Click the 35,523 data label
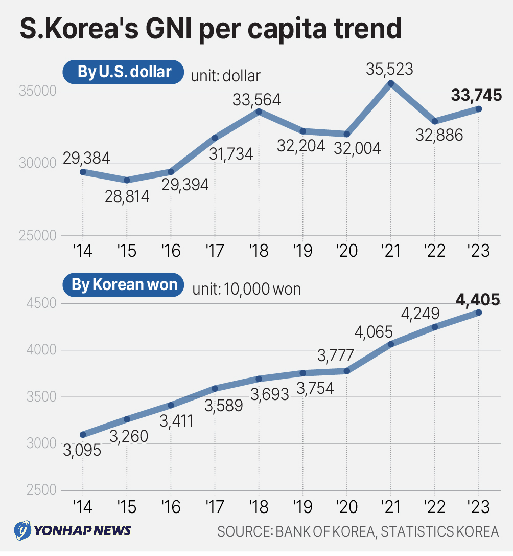click(x=389, y=69)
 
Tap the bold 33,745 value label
click(x=476, y=95)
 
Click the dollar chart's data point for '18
click(x=259, y=112)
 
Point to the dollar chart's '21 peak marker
click(x=391, y=83)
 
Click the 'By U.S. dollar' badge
click(x=123, y=72)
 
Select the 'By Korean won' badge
click(x=124, y=285)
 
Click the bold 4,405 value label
click(x=478, y=299)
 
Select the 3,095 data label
click(x=81, y=450)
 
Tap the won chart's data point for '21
click(x=391, y=344)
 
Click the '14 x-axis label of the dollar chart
click(x=82, y=251)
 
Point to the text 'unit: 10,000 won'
click(x=246, y=289)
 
